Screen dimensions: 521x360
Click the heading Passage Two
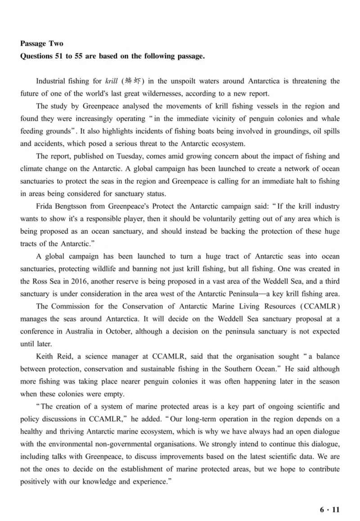pos(42,44)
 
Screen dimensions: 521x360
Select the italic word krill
pos(111,82)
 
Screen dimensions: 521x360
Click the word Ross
pos(39,281)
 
